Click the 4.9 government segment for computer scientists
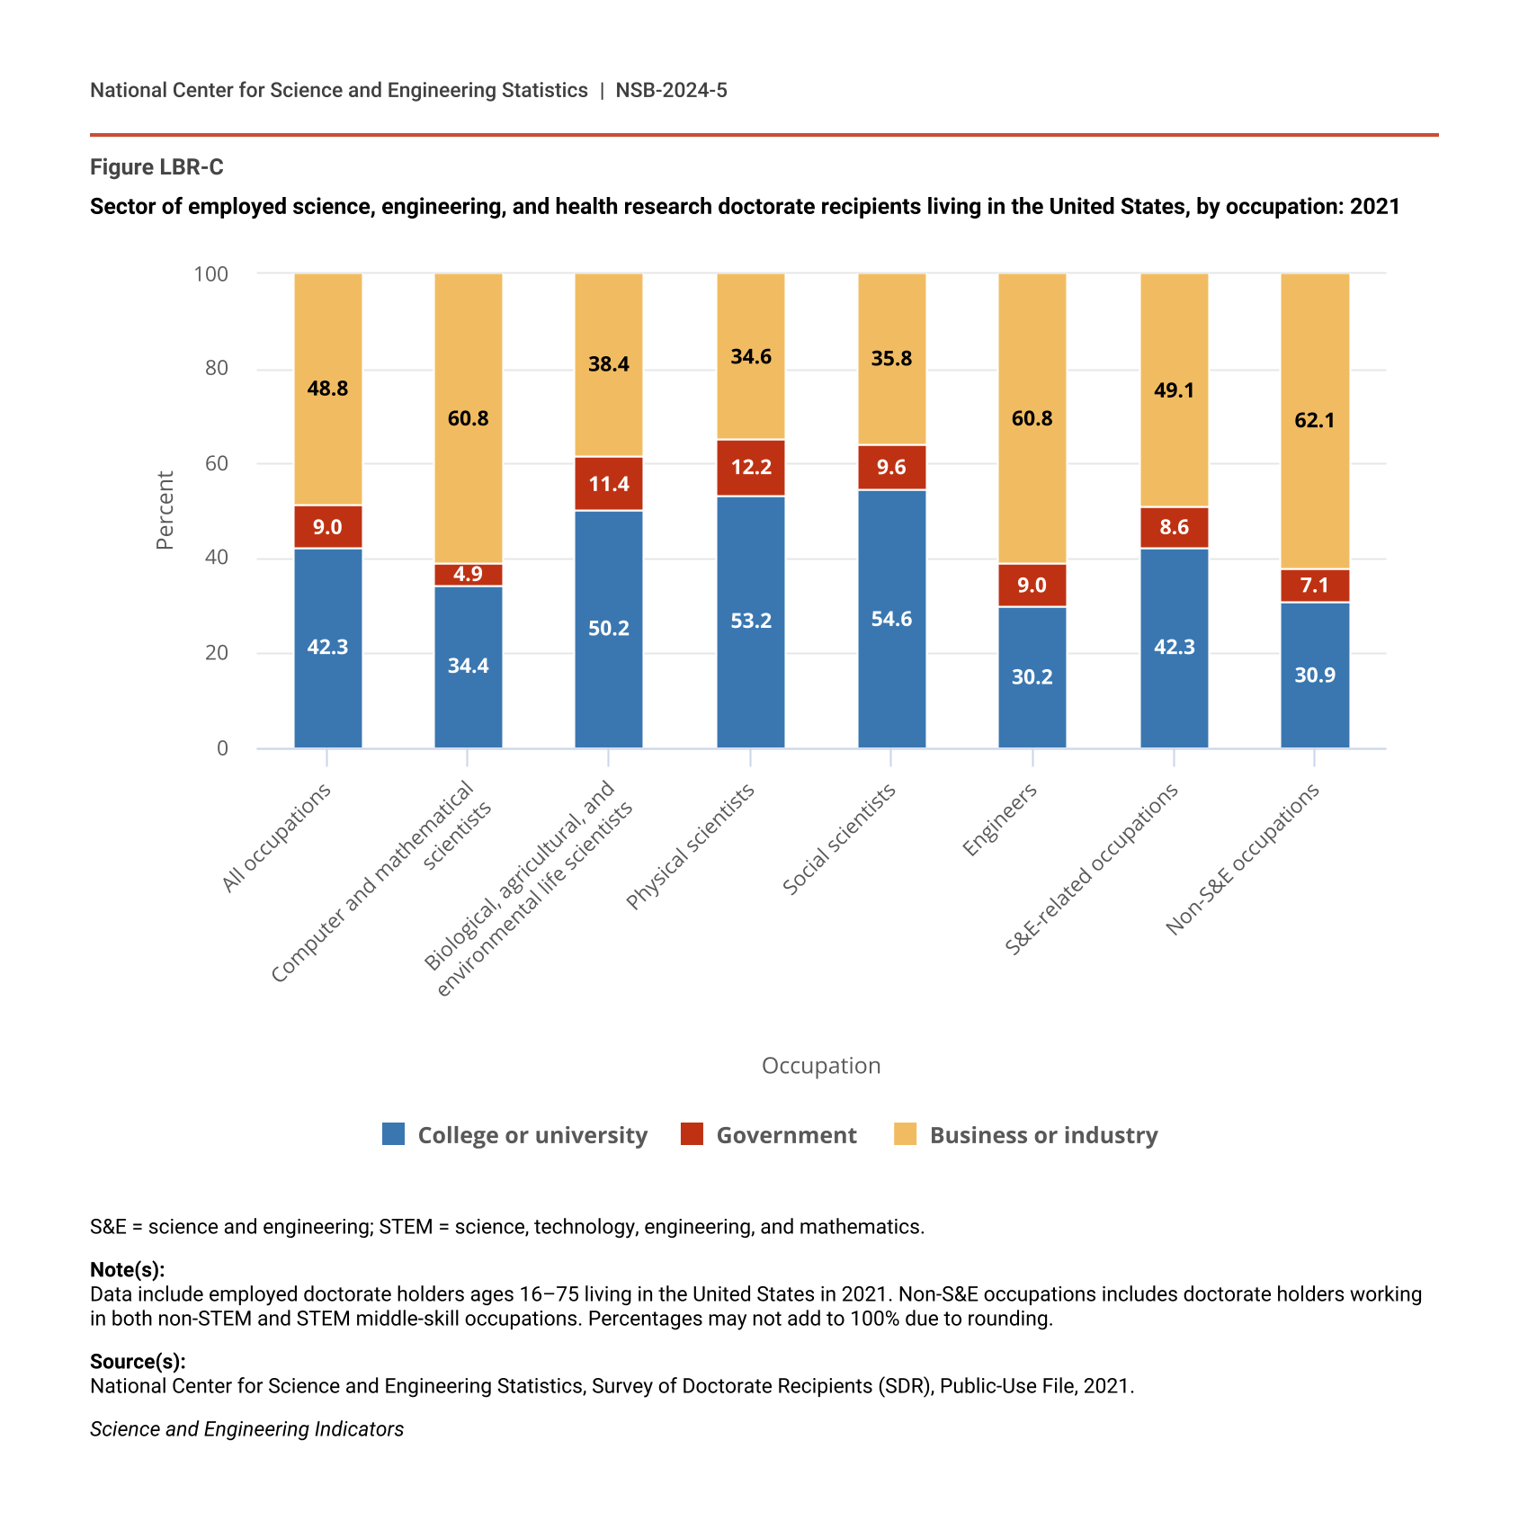pyautogui.click(x=469, y=575)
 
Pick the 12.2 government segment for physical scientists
pyautogui.click(x=750, y=468)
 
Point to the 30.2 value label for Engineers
pyautogui.click(x=1032, y=676)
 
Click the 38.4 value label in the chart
pyautogui.click(x=609, y=364)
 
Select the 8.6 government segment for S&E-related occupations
pyautogui.click(x=1174, y=527)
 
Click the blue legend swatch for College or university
pyautogui.click(x=393, y=1134)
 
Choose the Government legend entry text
pyautogui.click(x=786, y=1135)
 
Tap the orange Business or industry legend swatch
pyautogui.click(x=905, y=1134)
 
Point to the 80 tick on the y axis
pyautogui.click(x=216, y=368)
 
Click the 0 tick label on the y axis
pyautogui.click(x=222, y=748)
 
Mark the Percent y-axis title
pyautogui.click(x=165, y=510)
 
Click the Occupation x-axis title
pyautogui.click(x=820, y=1066)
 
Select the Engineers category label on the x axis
pyautogui.click(x=999, y=819)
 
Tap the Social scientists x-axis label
pyautogui.click(x=838, y=839)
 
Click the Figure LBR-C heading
pyautogui.click(x=156, y=167)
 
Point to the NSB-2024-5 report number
pyautogui.click(x=671, y=90)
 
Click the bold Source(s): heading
pyautogui.click(x=138, y=1362)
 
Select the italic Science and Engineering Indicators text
pyautogui.click(x=246, y=1429)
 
